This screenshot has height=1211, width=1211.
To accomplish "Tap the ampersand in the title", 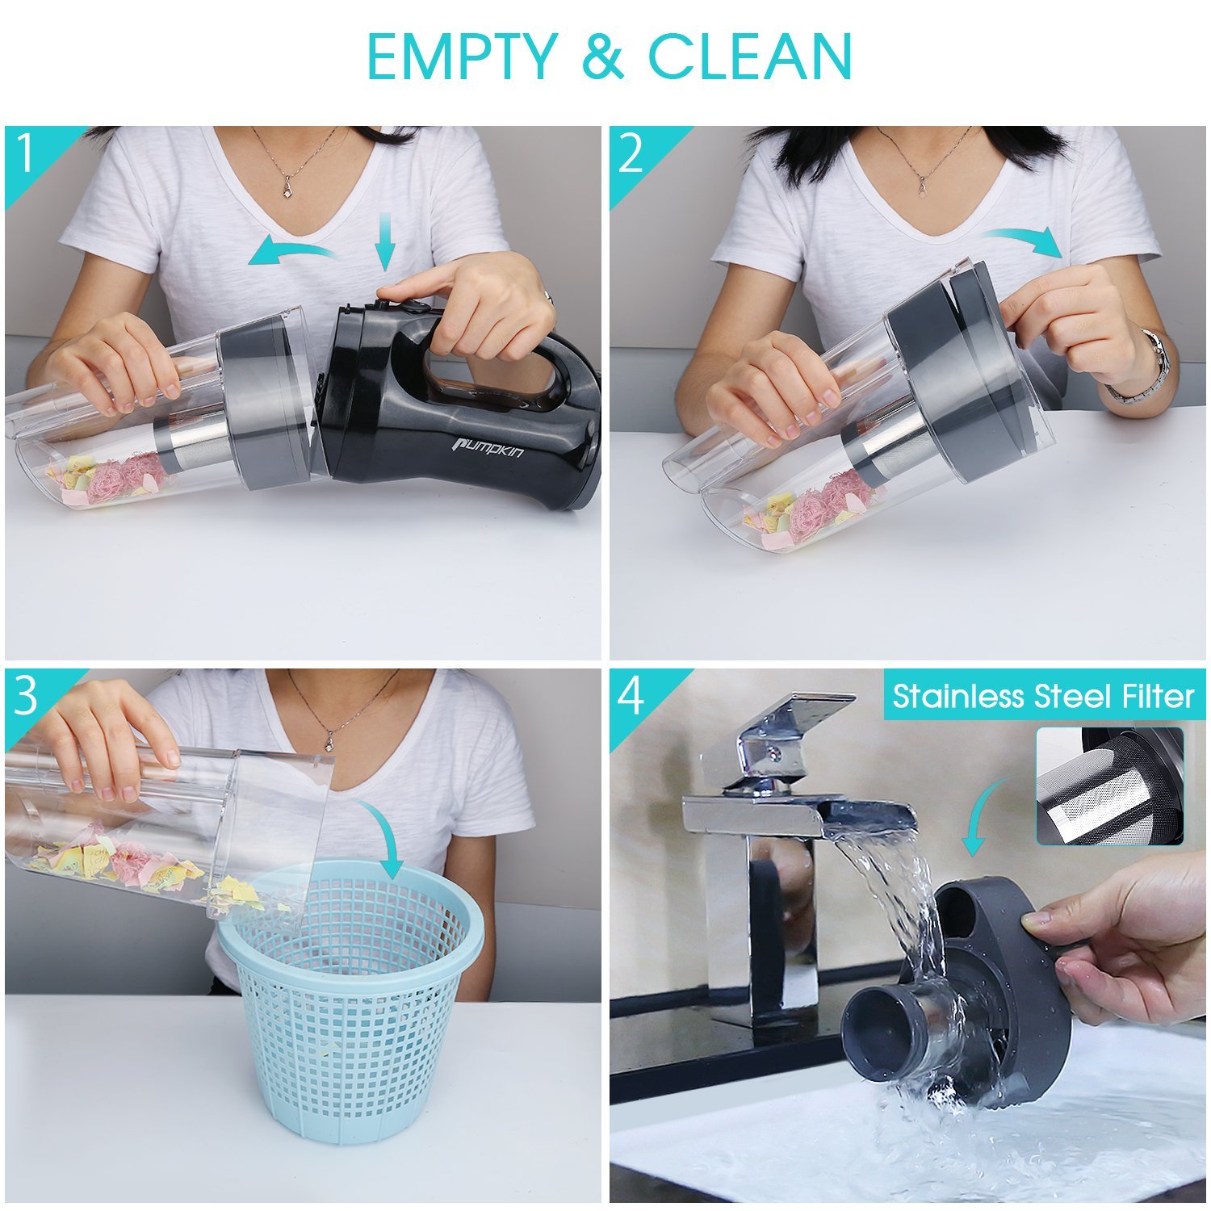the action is click(602, 56).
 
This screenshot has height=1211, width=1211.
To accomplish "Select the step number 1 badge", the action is click(27, 153).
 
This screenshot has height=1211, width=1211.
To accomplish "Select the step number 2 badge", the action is click(631, 153).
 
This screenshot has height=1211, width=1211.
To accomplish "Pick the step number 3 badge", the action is click(27, 695).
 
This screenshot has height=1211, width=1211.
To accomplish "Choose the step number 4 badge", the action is click(631, 695).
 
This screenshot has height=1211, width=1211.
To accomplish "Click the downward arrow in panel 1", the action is click(386, 241).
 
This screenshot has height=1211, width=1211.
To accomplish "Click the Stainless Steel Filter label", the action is click(1042, 696).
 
